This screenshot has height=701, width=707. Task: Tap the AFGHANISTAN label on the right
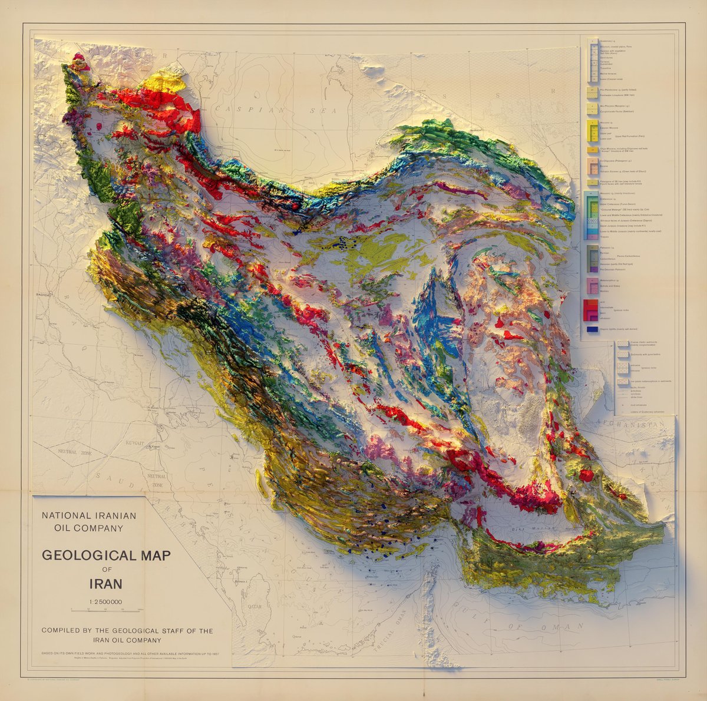pyautogui.click(x=637, y=424)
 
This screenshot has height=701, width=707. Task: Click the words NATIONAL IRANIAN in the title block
pyautogui.click(x=88, y=515)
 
